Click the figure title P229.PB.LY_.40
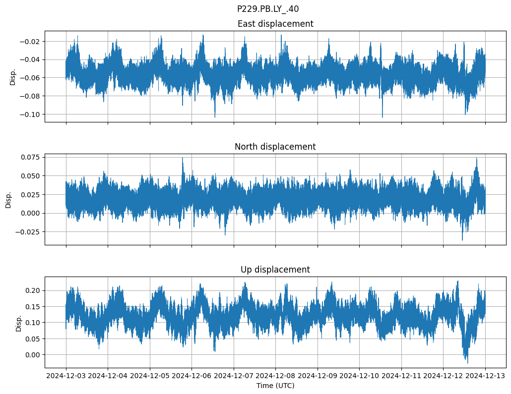pyautogui.click(x=268, y=9)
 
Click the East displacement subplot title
pyautogui.click(x=275, y=24)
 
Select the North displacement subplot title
pyautogui.click(x=275, y=147)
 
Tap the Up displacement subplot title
pyautogui.click(x=275, y=270)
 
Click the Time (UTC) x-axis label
pyautogui.click(x=275, y=386)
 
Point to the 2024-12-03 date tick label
pyautogui.click(x=66, y=376)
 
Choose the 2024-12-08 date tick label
pyautogui.click(x=276, y=376)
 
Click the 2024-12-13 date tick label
pyautogui.click(x=485, y=376)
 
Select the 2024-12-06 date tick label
pyautogui.click(x=192, y=376)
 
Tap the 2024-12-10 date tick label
pyautogui.click(x=360, y=376)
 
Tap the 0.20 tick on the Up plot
pyautogui.click(x=33, y=290)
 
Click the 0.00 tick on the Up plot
pyautogui.click(x=33, y=355)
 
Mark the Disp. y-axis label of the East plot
pyautogui.click(x=13, y=77)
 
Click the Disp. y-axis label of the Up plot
pyautogui.click(x=19, y=323)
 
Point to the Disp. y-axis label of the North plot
pyautogui.click(x=8, y=200)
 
